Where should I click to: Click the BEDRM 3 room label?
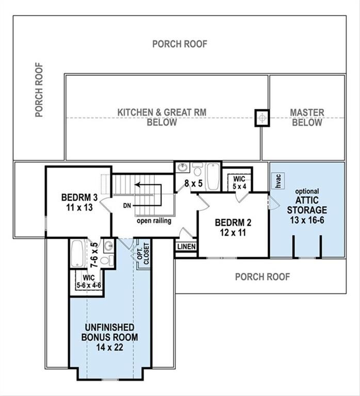(x=79, y=202)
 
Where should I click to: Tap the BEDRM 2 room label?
(x=233, y=227)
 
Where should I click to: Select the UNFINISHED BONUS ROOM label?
(x=109, y=338)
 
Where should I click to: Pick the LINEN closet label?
(x=186, y=247)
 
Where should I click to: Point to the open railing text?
(x=154, y=221)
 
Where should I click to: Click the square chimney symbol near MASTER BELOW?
(x=263, y=118)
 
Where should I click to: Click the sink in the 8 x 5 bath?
(x=182, y=168)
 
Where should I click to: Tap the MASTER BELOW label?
(x=307, y=118)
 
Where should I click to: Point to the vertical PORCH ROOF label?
(x=39, y=90)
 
